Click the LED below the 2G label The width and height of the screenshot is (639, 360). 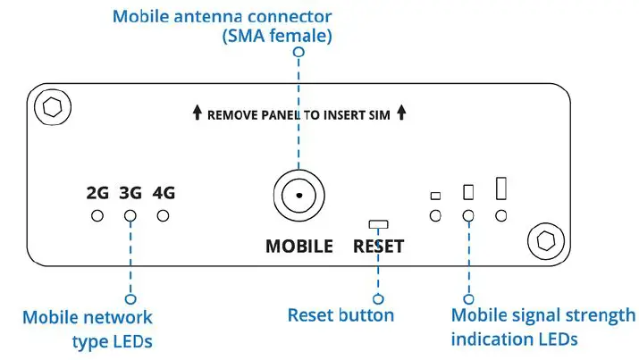click(x=97, y=215)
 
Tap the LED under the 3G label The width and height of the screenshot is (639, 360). click(x=130, y=215)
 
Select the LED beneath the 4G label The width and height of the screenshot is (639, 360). click(x=163, y=215)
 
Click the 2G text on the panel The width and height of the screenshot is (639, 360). click(x=97, y=192)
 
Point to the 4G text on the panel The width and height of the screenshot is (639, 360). click(x=163, y=192)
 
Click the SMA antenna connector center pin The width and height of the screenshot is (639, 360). click(x=298, y=194)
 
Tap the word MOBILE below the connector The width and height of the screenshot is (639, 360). click(x=298, y=247)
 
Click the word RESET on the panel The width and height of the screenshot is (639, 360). click(x=378, y=247)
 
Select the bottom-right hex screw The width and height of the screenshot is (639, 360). click(x=543, y=239)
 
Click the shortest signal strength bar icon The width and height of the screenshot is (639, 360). click(x=435, y=196)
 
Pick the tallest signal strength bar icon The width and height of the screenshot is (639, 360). click(x=501, y=188)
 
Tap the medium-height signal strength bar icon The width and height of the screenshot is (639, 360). click(x=467, y=191)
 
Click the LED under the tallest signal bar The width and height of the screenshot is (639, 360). click(x=501, y=215)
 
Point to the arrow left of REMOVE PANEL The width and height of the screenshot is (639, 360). click(x=197, y=113)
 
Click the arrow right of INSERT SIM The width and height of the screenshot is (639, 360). click(x=402, y=113)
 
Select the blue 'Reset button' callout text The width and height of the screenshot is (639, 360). click(x=341, y=315)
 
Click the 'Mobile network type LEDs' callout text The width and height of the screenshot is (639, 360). click(x=88, y=328)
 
